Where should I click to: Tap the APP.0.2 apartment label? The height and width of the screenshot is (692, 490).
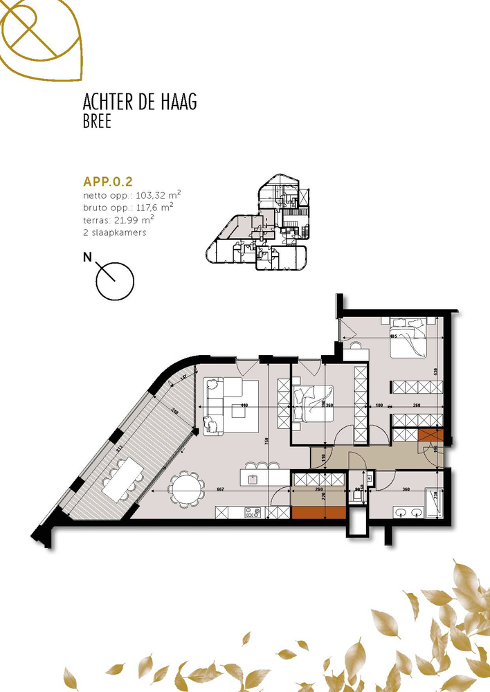click(108, 182)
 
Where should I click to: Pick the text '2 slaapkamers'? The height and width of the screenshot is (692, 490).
click(114, 233)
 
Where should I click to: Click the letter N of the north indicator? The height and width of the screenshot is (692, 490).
click(87, 258)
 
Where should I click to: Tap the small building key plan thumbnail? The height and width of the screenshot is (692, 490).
click(260, 225)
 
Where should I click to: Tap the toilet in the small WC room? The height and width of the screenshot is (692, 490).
click(359, 493)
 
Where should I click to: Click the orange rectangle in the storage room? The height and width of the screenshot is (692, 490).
click(318, 512)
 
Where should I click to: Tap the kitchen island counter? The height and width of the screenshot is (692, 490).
click(263, 477)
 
